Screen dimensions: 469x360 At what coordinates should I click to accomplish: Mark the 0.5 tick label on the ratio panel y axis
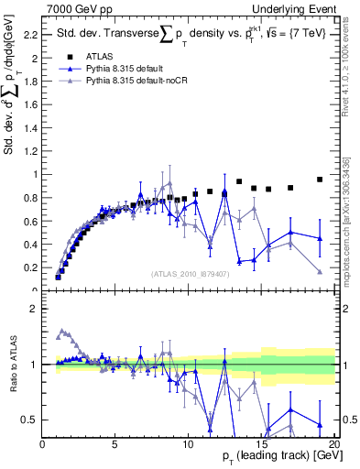click(30, 420)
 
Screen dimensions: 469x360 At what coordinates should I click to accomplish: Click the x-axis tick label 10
click(189, 444)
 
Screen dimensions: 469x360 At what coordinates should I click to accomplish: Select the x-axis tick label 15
click(262, 444)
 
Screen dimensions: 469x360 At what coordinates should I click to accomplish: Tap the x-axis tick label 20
click(334, 444)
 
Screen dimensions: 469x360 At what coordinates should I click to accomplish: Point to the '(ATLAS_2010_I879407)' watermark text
click(189, 273)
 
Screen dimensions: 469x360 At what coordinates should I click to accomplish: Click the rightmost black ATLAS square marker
click(320, 180)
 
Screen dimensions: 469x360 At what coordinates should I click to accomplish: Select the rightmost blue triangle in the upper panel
click(320, 238)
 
